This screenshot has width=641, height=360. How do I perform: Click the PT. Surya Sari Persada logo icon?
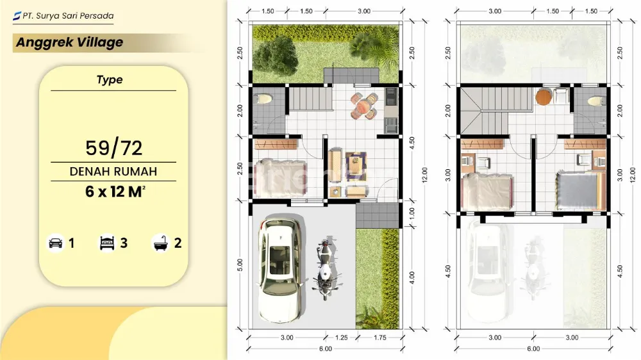pyautogui.click(x=17, y=16)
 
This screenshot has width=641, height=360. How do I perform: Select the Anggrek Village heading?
pyautogui.click(x=69, y=42)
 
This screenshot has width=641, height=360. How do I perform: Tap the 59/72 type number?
pyautogui.click(x=113, y=148)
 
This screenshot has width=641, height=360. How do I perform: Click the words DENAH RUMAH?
pyautogui.click(x=113, y=171)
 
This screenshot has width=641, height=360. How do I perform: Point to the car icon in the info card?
pyautogui.click(x=56, y=243)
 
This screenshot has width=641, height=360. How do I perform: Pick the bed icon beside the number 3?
pyautogui.click(x=107, y=243)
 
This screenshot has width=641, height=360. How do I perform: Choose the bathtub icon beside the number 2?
pyautogui.click(x=161, y=243)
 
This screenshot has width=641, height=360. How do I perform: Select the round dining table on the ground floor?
pyautogui.click(x=363, y=106)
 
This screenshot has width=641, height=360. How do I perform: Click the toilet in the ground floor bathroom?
pyautogui.click(x=263, y=99)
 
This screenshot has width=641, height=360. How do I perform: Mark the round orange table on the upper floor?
pyautogui.click(x=544, y=97)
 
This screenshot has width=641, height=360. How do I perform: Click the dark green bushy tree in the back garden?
pyautogui.click(x=276, y=56)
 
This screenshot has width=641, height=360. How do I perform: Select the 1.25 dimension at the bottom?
pyautogui.click(x=342, y=338)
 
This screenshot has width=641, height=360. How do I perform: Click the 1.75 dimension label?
pyautogui.click(x=379, y=338)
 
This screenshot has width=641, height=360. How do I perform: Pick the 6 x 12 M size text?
pyautogui.click(x=115, y=192)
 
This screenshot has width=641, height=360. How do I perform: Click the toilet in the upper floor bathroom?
pyautogui.click(x=596, y=101)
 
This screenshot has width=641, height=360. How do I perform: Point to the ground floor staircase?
pyautogui.click(x=310, y=99)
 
